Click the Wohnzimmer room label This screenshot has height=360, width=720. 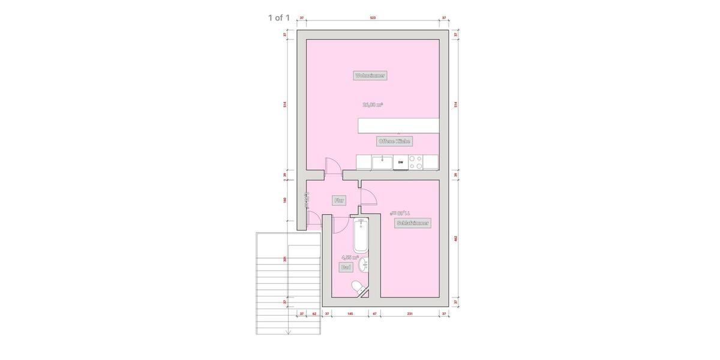(370, 76)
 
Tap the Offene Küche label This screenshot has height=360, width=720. (394, 141)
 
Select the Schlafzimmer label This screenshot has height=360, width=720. (413, 223)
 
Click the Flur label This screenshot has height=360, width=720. (339, 201)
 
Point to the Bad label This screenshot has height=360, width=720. (346, 267)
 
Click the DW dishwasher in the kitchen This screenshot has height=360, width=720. (400, 162)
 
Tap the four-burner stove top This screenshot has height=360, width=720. (415, 162)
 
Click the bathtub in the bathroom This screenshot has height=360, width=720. (361, 235)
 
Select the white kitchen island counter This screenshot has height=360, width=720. (398, 125)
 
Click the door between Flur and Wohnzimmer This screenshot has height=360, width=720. (332, 166)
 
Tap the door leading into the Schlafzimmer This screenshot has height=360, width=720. (367, 197)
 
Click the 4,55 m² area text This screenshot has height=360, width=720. (350, 257)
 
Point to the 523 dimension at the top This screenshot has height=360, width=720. (373, 18)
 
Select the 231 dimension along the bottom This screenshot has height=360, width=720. (409, 313)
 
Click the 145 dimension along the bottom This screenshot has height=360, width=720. (349, 313)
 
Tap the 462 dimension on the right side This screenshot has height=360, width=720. (456, 238)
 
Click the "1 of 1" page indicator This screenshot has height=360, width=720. (278, 17)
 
